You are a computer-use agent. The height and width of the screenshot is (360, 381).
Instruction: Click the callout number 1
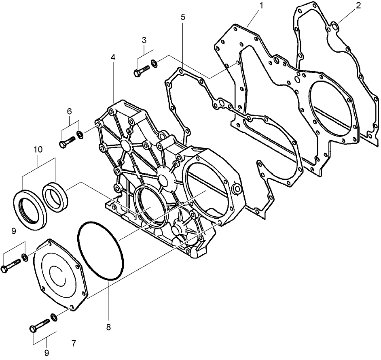(261, 6)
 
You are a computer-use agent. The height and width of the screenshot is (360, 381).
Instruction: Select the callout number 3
(144, 40)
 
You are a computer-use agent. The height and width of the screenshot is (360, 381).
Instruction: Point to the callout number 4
(113, 58)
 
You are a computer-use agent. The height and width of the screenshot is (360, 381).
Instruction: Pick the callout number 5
(183, 17)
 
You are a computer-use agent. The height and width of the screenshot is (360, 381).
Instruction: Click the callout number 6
(69, 111)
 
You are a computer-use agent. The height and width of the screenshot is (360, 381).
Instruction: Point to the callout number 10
(38, 149)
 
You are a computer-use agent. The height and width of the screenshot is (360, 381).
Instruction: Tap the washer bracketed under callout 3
(155, 63)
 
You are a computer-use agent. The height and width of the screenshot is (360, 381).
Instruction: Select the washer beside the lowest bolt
(53, 316)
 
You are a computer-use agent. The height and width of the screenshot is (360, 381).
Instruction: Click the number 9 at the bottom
(47, 353)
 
